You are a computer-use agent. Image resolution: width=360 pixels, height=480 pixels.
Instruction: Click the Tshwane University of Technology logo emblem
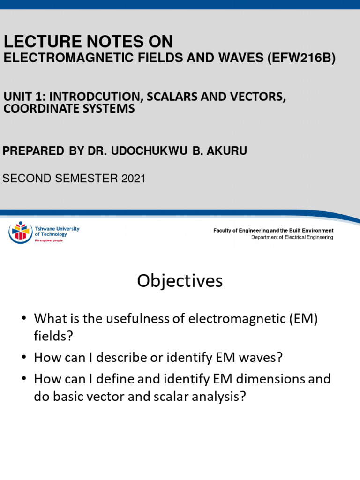21,232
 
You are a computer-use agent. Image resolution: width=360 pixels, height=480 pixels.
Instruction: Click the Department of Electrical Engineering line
292,237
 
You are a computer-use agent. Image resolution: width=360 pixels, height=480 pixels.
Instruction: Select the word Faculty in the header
222,230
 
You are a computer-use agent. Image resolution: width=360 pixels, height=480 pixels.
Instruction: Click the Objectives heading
180,281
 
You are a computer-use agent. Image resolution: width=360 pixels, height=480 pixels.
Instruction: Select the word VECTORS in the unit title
250,97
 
